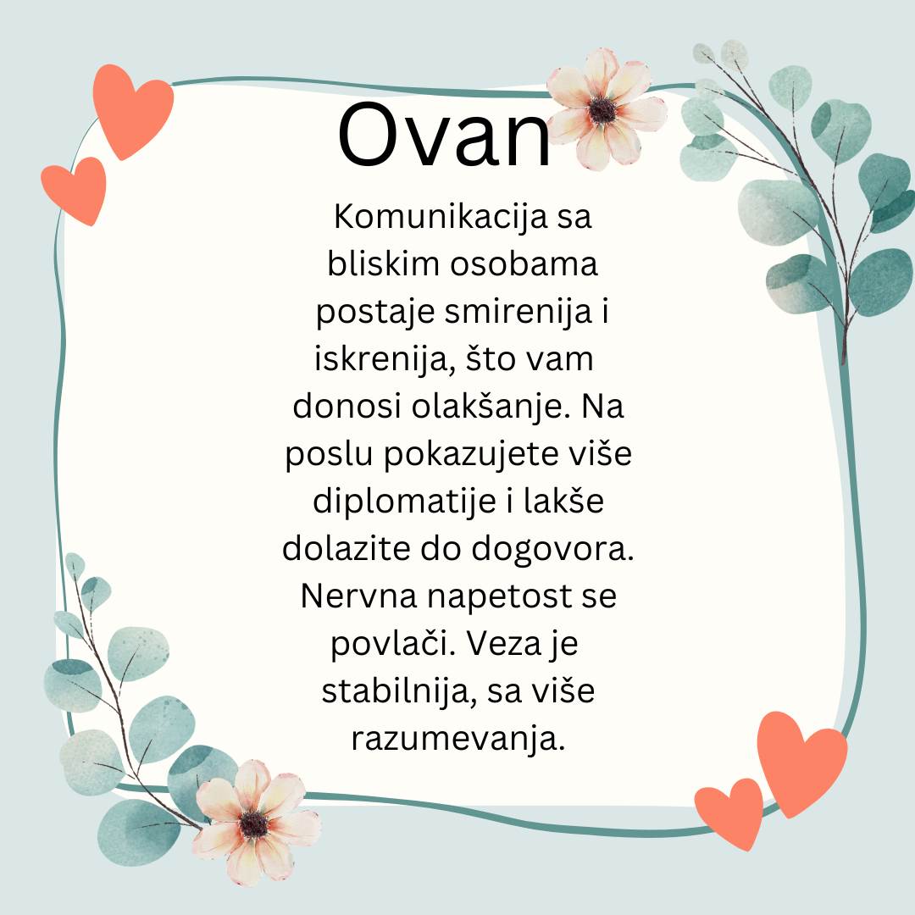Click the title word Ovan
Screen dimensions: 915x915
click(444, 136)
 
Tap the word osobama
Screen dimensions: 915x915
click(524, 263)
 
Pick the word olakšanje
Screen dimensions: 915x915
click(491, 407)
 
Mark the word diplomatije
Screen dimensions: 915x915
click(405, 502)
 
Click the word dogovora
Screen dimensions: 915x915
click(552, 550)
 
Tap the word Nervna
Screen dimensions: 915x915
click(359, 596)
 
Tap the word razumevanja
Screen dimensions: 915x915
click(458, 740)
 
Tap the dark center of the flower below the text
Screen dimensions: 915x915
click(254, 824)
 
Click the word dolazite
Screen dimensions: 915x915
click(346, 550)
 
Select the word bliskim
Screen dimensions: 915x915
click(383, 263)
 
